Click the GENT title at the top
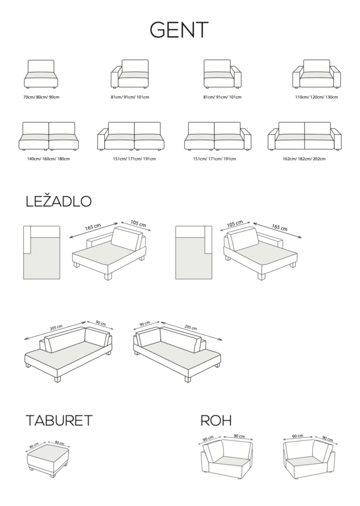pos(179,30)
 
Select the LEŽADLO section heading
pos(58,201)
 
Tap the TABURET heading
pos(59,420)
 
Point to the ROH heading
pos(216,420)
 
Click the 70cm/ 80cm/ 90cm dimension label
pos(41,97)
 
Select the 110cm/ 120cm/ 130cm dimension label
pos(317,97)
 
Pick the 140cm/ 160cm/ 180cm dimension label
pos(48,159)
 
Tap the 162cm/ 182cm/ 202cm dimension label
pos(304,159)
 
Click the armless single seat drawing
pos(41,74)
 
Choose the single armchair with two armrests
pos(317,74)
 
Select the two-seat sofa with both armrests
pos(304,136)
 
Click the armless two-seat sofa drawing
pos(49,136)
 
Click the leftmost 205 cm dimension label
pos(56,328)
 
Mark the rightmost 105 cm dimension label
pos(234,224)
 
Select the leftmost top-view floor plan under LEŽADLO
pos(42,252)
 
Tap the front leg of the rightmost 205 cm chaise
pos(188,379)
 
